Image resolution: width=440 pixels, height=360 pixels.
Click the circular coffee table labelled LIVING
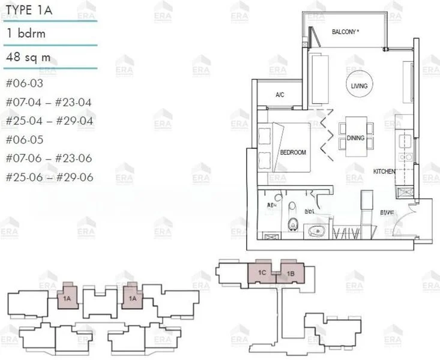(359, 86)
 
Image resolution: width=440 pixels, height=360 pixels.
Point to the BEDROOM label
(293, 152)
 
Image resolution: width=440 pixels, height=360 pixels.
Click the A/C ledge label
(280, 95)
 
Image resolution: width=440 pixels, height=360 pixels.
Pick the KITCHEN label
(384, 172)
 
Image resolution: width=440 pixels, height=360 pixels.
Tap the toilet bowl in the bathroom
(292, 223)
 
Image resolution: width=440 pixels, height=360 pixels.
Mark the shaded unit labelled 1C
(262, 273)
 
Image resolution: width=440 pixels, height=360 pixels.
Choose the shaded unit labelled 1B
(290, 274)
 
